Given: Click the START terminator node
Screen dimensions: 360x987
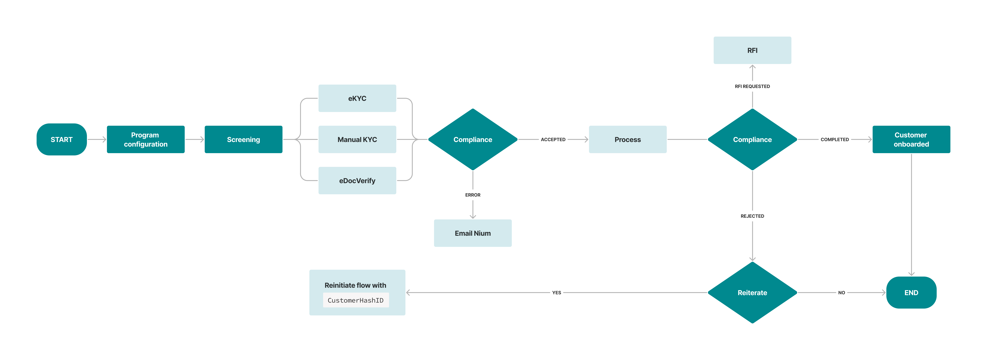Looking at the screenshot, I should (61, 139).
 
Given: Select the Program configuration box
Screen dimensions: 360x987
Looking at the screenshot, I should (146, 139).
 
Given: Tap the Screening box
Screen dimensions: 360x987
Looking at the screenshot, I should (243, 139).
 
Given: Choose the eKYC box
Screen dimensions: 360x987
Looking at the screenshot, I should (357, 98).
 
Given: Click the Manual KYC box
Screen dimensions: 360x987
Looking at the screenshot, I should (357, 139).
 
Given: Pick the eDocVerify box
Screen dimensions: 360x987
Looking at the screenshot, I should (357, 180).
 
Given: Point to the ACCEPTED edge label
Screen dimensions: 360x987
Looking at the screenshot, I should (553, 139).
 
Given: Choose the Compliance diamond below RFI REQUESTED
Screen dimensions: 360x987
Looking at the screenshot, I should (752, 139).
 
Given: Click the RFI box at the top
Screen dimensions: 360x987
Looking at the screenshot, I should (752, 50).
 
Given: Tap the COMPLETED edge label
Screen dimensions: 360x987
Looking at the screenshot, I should (834, 139).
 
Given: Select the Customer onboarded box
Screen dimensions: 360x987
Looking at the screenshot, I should (911, 139).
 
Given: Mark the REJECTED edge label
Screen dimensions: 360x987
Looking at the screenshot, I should (752, 216).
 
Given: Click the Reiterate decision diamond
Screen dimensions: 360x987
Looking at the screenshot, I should (752, 293).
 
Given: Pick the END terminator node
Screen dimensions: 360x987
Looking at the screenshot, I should (911, 293).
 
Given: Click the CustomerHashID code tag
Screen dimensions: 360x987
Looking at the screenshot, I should (356, 300).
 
